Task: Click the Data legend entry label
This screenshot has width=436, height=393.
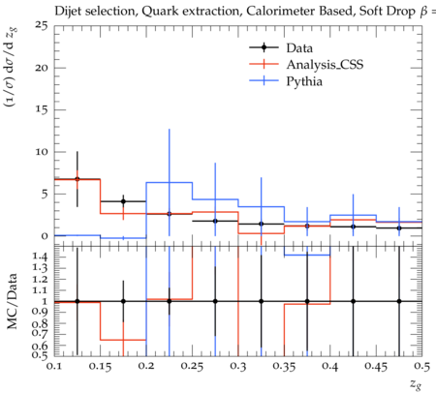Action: pyautogui.click(x=299, y=48)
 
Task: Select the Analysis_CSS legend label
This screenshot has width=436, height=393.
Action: pyautogui.click(x=325, y=65)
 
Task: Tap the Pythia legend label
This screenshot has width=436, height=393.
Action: pyautogui.click(x=304, y=81)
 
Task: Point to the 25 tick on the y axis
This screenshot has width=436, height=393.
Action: pyautogui.click(x=41, y=25)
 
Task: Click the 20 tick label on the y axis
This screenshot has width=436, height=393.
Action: pyautogui.click(x=41, y=68)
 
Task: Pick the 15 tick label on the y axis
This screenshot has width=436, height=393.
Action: pyautogui.click(x=42, y=109)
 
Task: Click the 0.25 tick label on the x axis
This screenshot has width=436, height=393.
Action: pyautogui.click(x=192, y=367)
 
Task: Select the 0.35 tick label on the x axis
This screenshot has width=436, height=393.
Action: pyautogui.click(x=284, y=367)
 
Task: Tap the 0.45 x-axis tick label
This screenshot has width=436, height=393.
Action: pyautogui.click(x=376, y=367)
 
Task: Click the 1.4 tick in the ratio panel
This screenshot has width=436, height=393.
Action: pyautogui.click(x=41, y=257)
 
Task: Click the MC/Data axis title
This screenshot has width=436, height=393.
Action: pyautogui.click(x=12, y=301)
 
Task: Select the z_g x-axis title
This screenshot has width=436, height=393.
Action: pyautogui.click(x=416, y=384)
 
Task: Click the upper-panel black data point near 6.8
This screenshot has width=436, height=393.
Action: pyautogui.click(x=78, y=179)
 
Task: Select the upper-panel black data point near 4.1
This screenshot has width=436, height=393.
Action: pyautogui.click(x=123, y=201)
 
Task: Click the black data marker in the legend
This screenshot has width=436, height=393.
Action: pyautogui.click(x=264, y=47)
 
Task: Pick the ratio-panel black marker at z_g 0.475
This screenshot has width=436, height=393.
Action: pyautogui.click(x=399, y=301)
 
